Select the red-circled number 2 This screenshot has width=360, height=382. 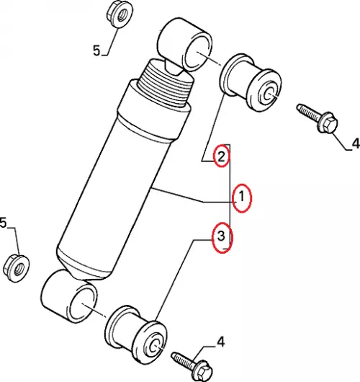click(x=221, y=156)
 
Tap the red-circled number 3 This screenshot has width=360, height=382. click(x=221, y=236)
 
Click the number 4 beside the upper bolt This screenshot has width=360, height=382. click(x=356, y=143)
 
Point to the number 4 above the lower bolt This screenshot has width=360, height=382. click(x=220, y=342)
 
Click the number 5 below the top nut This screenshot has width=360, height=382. click(x=96, y=51)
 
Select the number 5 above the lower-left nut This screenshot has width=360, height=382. click(x=3, y=223)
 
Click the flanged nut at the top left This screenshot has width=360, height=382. click(x=120, y=14)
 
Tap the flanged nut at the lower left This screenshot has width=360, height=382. click(x=17, y=267)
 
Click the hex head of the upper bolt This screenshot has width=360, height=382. click(x=328, y=123)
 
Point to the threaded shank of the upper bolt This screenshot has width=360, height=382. click(x=308, y=112)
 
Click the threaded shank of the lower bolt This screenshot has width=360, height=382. click(x=183, y=360)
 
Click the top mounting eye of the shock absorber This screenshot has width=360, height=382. click(x=185, y=45)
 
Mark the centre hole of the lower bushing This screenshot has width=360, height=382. click(x=155, y=346)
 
